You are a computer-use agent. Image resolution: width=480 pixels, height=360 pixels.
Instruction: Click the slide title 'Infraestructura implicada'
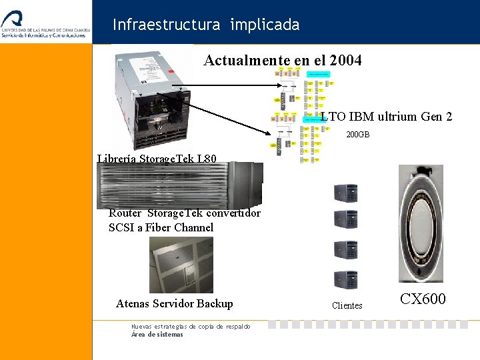(x=206, y=25)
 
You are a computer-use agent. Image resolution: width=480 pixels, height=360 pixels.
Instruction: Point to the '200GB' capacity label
(x=357, y=135)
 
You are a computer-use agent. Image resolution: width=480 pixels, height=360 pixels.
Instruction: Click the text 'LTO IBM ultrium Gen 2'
(x=387, y=117)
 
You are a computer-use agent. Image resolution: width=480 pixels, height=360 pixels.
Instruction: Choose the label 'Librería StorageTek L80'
(x=157, y=159)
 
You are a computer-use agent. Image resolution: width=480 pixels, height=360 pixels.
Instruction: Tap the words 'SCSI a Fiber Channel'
(x=161, y=227)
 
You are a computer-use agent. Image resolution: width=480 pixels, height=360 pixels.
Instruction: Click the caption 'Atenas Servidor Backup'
(x=174, y=303)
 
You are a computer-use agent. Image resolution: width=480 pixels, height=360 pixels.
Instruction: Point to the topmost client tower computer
(x=346, y=193)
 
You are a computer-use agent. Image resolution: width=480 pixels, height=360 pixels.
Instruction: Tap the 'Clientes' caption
(x=347, y=306)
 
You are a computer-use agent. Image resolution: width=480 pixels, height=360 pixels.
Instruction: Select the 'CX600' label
(x=423, y=299)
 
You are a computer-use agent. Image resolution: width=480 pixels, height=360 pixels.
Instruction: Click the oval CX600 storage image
(x=421, y=223)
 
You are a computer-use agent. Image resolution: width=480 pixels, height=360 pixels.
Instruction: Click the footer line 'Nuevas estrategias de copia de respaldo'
(x=191, y=327)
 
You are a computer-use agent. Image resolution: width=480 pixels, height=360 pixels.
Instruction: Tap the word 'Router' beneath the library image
(x=125, y=213)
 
